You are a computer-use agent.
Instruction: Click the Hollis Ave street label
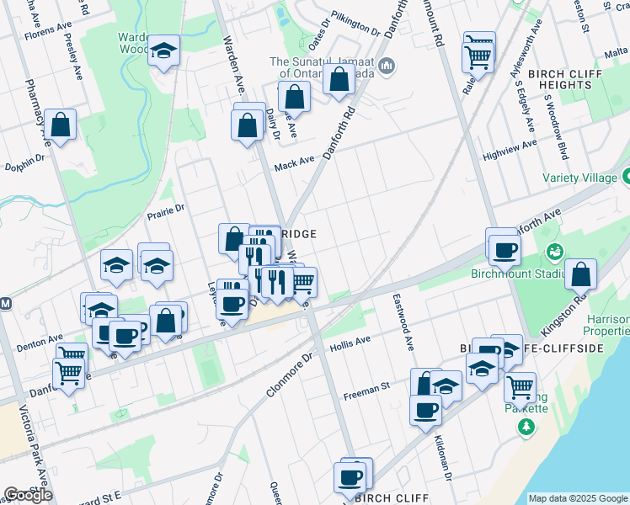click(x=350, y=344)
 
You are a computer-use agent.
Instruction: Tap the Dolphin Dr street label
click(x=23, y=161)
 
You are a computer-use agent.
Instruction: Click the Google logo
click(x=28, y=495)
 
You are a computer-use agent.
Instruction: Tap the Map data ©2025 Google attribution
click(x=577, y=498)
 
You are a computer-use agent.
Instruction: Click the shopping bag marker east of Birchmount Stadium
click(x=581, y=275)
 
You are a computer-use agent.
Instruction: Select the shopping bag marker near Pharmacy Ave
click(x=61, y=125)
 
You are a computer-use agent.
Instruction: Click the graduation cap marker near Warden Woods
click(x=163, y=50)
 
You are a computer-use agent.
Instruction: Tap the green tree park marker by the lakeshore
click(x=526, y=428)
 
